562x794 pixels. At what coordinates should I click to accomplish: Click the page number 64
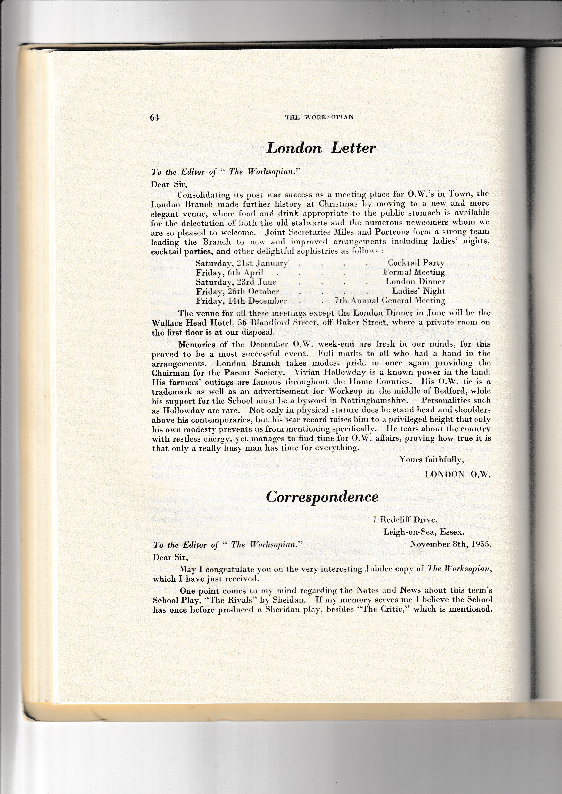pyautogui.click(x=154, y=118)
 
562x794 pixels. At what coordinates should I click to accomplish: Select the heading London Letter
pyautogui.click(x=321, y=148)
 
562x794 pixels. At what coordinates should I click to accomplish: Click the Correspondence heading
pyautogui.click(x=322, y=497)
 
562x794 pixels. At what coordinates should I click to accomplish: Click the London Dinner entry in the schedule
pyautogui.click(x=415, y=282)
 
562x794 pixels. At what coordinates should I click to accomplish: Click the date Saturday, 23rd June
pyautogui.click(x=236, y=282)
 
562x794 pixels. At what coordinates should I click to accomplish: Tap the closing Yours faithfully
pyautogui.click(x=431, y=460)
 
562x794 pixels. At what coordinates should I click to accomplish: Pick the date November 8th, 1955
pyautogui.click(x=450, y=544)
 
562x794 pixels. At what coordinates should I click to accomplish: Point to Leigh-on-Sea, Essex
pyautogui.click(x=424, y=532)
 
